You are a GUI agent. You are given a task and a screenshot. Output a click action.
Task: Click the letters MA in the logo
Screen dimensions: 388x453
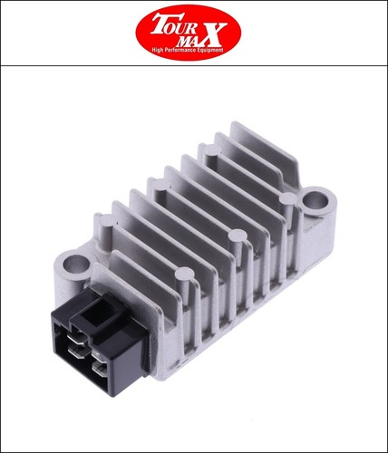click(x=188, y=40)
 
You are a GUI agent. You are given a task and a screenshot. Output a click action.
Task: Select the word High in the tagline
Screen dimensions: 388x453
click(x=157, y=50)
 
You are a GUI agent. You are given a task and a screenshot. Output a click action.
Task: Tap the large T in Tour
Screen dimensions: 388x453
click(x=160, y=24)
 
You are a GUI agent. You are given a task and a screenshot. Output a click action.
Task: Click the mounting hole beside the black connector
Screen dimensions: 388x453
click(x=75, y=264)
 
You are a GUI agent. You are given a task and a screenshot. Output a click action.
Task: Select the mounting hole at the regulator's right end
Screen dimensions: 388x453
click(x=315, y=199)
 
